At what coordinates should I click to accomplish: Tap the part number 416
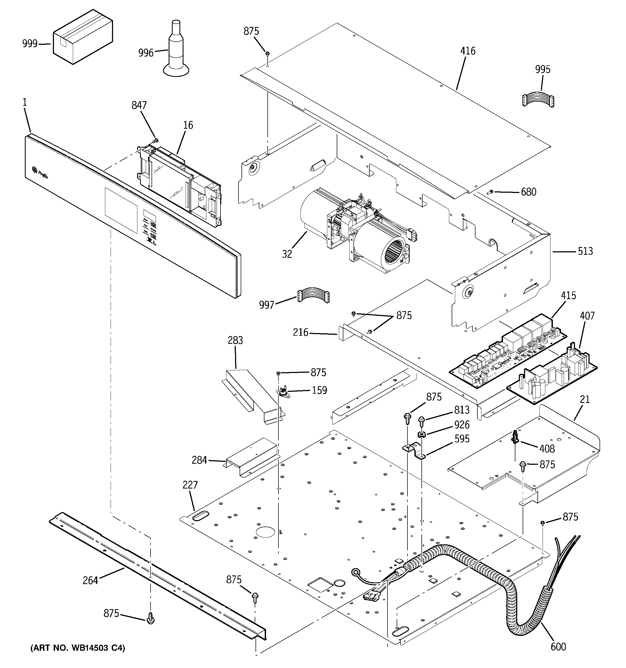point(468,51)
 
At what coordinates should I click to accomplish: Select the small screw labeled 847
point(156,140)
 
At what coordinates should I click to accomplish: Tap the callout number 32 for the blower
point(287,254)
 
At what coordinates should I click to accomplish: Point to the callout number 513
point(585,251)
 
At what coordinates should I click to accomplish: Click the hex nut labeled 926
point(420,435)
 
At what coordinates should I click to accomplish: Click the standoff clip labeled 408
point(515,438)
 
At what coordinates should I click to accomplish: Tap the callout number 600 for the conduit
point(558,646)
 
